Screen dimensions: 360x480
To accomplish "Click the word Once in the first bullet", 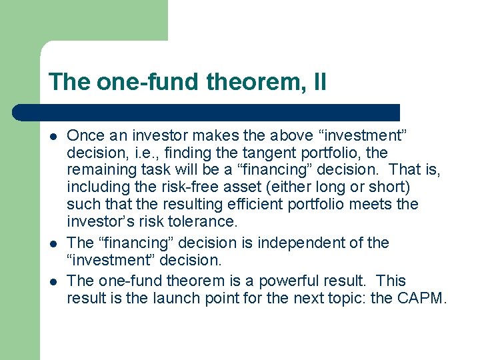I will pos(85,135).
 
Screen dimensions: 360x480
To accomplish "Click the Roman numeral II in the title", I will pos(319,83).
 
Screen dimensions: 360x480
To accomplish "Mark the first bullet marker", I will pos(53,136).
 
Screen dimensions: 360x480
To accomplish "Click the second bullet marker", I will pos(53,243).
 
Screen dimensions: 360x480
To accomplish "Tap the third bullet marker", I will pos(53,281).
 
